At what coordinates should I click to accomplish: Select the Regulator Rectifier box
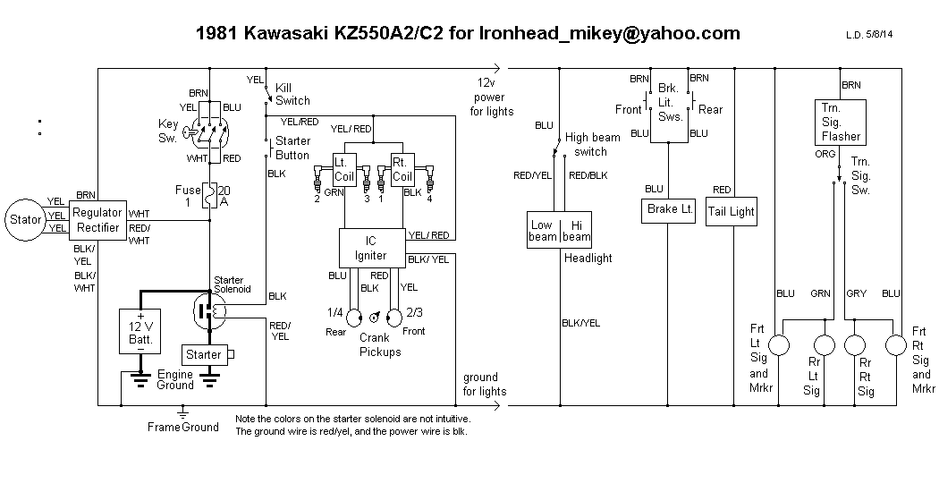pyautogui.click(x=97, y=219)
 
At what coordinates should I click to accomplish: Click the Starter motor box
pyautogui.click(x=204, y=355)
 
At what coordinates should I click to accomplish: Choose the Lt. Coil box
pyautogui.click(x=344, y=169)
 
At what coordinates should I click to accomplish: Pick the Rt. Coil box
pyautogui.click(x=402, y=169)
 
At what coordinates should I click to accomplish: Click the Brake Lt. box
pyautogui.click(x=670, y=209)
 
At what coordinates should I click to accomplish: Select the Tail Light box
pyautogui.click(x=732, y=212)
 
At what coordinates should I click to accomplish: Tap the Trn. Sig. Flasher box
pyautogui.click(x=841, y=122)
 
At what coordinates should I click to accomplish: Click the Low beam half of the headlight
pyautogui.click(x=542, y=231)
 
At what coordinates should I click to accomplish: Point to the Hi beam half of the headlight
pyautogui.click(x=576, y=231)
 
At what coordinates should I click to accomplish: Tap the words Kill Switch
pyautogui.click(x=292, y=94)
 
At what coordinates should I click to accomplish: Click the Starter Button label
pyautogui.click(x=292, y=148)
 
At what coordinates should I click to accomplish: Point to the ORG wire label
pyautogui.click(x=825, y=155)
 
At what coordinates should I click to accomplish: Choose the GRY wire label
pyautogui.click(x=856, y=293)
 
